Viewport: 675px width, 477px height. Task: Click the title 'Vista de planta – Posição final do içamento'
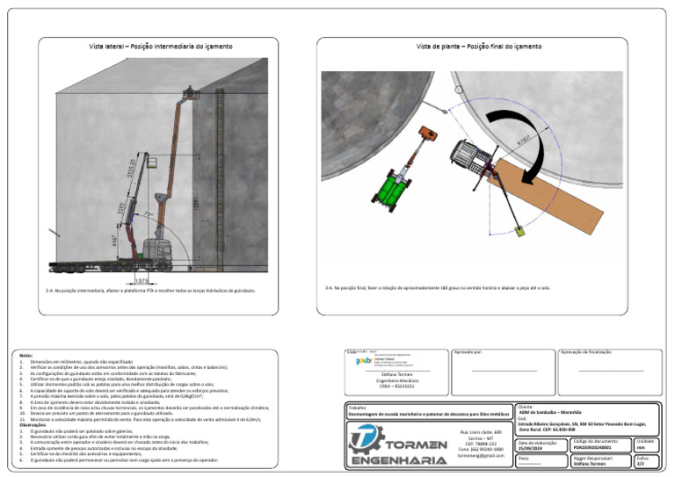[x=478, y=46]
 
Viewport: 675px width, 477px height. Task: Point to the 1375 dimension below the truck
[x=141, y=280]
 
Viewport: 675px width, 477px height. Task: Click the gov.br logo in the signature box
[x=363, y=360]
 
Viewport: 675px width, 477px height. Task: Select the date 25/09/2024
[x=532, y=449]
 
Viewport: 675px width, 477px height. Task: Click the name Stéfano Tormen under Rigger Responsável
[x=590, y=463]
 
